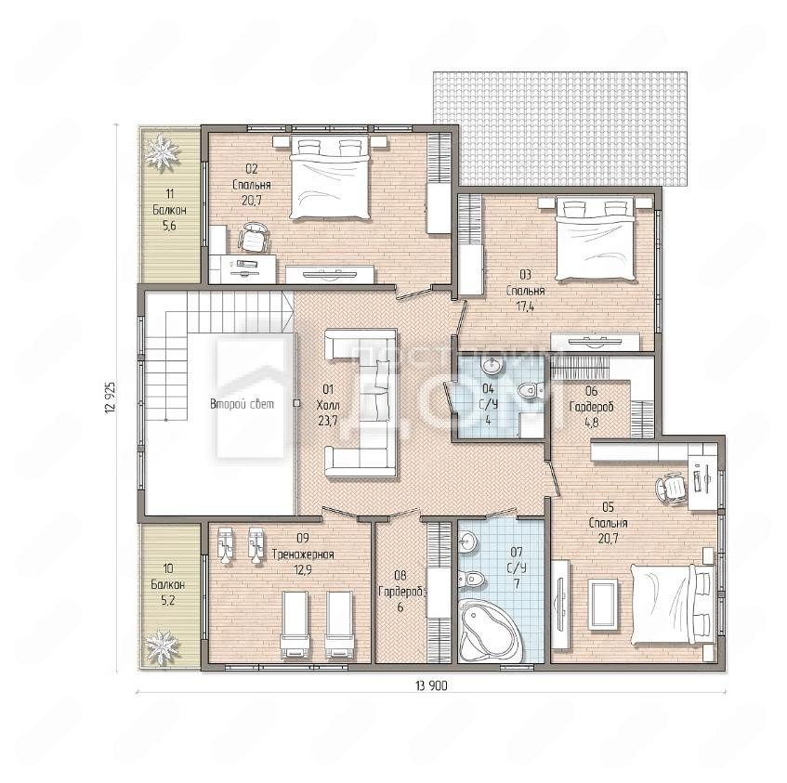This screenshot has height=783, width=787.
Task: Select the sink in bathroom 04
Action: click(491, 365)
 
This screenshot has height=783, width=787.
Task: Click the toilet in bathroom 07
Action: click(471, 580)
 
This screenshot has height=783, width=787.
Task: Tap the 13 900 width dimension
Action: click(431, 685)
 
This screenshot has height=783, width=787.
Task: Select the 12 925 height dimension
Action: click(111, 398)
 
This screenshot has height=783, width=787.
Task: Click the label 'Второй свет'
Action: click(242, 404)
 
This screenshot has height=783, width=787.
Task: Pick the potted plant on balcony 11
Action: click(162, 152)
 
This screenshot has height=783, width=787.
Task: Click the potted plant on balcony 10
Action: click(162, 647)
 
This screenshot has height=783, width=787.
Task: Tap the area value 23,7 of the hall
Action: click(328, 421)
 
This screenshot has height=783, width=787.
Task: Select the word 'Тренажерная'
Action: click(303, 555)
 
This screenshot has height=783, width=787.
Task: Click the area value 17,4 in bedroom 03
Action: click(526, 307)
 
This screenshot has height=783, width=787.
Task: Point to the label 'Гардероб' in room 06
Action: click(592, 407)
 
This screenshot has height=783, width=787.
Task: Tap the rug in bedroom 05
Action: click(603, 603)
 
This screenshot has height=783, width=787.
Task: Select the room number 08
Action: click(400, 575)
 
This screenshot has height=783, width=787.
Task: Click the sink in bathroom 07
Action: click(467, 542)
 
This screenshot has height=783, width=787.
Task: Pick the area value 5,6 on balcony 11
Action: click(169, 226)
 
